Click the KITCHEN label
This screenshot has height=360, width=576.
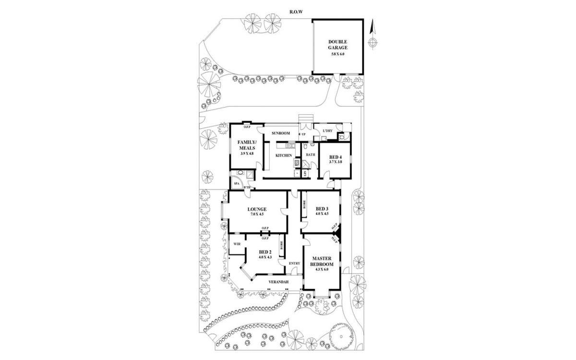click(x=284, y=156)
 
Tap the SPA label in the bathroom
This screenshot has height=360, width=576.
click(x=236, y=184)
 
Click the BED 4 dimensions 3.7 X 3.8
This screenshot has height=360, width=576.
click(x=336, y=162)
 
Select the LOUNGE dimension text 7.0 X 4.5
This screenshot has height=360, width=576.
click(x=257, y=214)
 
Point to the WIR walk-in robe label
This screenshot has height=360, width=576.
click(x=237, y=244)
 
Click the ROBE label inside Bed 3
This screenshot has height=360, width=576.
click(x=304, y=205)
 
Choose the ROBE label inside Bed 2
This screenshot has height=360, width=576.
click(x=282, y=246)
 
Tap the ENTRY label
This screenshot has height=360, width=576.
click(x=294, y=263)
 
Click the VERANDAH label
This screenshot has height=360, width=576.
click(x=278, y=281)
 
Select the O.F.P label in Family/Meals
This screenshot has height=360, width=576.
click(x=247, y=127)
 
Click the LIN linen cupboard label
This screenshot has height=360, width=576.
click(x=305, y=173)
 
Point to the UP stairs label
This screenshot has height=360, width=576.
click(x=303, y=134)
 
